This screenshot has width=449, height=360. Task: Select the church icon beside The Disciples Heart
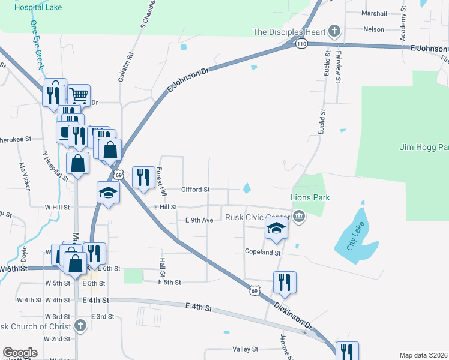(x=334, y=31)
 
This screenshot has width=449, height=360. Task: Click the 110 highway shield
(x=301, y=44)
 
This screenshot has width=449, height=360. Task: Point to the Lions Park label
(x=310, y=197)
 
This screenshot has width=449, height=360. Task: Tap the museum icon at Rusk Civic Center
(x=298, y=217)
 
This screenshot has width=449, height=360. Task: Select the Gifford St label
(x=195, y=190)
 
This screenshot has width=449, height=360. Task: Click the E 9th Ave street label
(x=199, y=220)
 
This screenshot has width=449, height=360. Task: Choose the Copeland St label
(x=263, y=253)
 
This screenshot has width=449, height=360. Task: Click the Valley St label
(x=245, y=349)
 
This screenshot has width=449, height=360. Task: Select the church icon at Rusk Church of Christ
(x=80, y=326)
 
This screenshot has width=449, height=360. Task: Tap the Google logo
(x=20, y=353)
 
